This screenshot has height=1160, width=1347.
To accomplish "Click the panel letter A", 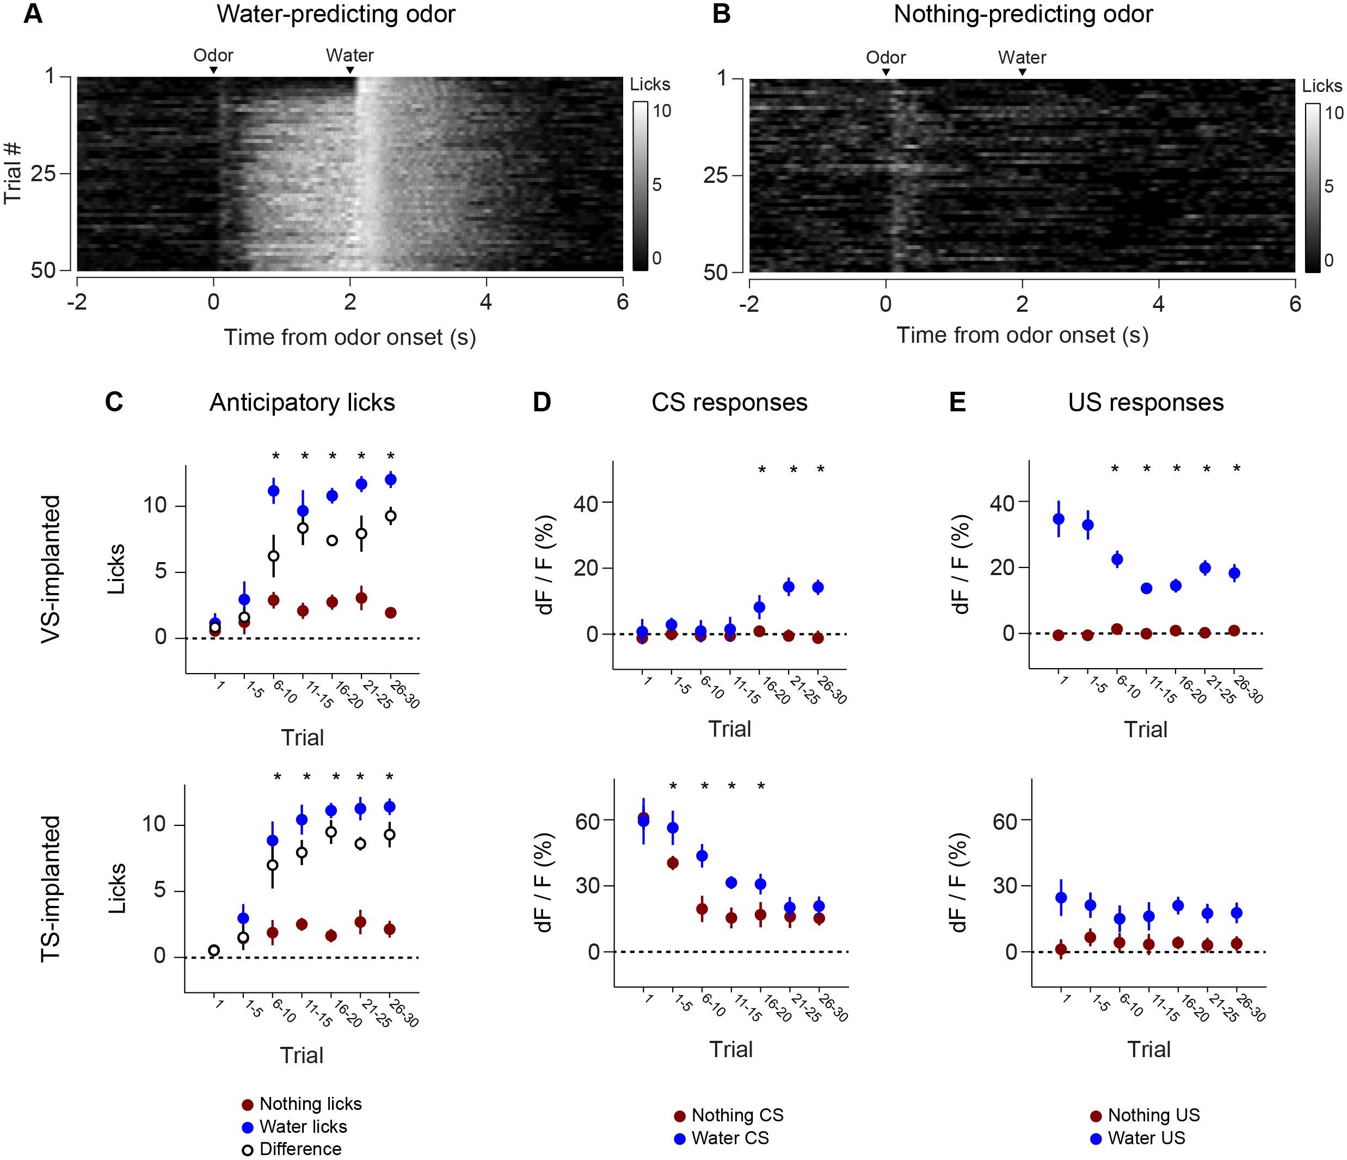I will (x=33, y=14).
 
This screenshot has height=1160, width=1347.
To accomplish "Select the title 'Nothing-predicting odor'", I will (x=1023, y=14).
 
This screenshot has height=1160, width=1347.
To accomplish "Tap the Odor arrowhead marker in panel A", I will (x=213, y=70).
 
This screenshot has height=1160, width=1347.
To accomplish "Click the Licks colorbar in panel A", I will (x=641, y=185).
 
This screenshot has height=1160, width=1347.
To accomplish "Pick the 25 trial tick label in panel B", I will (x=715, y=175).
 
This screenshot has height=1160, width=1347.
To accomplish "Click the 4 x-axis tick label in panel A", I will (x=485, y=302).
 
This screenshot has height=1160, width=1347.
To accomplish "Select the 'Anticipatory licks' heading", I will (x=302, y=403).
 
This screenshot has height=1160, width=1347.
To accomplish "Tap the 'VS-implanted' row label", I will (x=51, y=569).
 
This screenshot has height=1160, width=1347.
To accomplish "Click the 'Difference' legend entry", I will (x=300, y=1149).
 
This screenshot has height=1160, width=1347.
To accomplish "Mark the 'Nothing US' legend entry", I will (x=1153, y=1115).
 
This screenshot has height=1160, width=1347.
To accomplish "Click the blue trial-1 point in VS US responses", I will (x=1059, y=519).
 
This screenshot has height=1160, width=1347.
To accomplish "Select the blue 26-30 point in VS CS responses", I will (x=818, y=587).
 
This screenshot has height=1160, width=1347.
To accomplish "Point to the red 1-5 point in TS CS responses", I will (x=673, y=863).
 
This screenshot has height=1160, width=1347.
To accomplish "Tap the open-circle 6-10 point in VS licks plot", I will (x=274, y=556).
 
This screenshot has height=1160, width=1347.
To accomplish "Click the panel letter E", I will (x=957, y=403).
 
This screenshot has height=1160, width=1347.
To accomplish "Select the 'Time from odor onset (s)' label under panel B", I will (x=1022, y=335).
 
